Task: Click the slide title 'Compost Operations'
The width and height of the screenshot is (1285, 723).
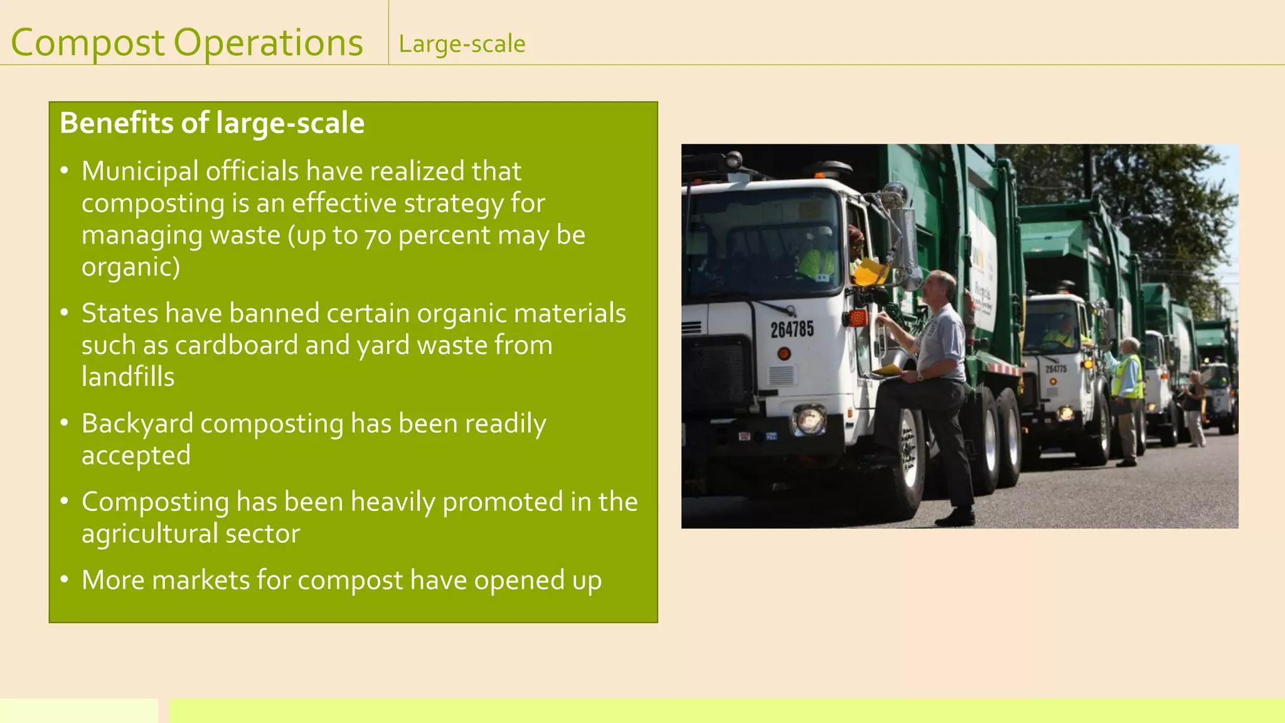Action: tap(187, 43)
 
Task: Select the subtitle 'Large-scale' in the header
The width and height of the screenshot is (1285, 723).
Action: tap(462, 44)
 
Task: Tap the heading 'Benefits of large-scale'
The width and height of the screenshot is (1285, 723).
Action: tap(212, 123)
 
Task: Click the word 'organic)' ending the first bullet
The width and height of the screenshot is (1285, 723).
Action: tap(131, 267)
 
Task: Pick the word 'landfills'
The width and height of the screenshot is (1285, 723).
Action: tap(128, 377)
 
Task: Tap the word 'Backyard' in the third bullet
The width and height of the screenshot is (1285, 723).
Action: tap(137, 424)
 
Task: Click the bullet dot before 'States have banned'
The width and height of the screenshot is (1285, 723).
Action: tap(64, 312)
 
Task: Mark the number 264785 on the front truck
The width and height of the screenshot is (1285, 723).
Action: tap(792, 329)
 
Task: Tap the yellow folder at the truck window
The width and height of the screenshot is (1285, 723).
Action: tap(872, 272)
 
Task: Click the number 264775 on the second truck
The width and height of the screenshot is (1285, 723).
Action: tap(1056, 369)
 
